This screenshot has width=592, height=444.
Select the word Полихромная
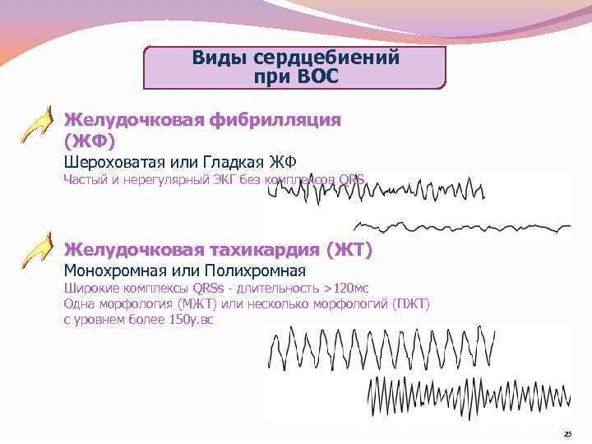[259, 271]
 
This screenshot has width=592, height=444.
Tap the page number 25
[567, 433]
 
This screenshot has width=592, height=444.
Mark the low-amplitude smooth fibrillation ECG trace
[460, 225]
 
